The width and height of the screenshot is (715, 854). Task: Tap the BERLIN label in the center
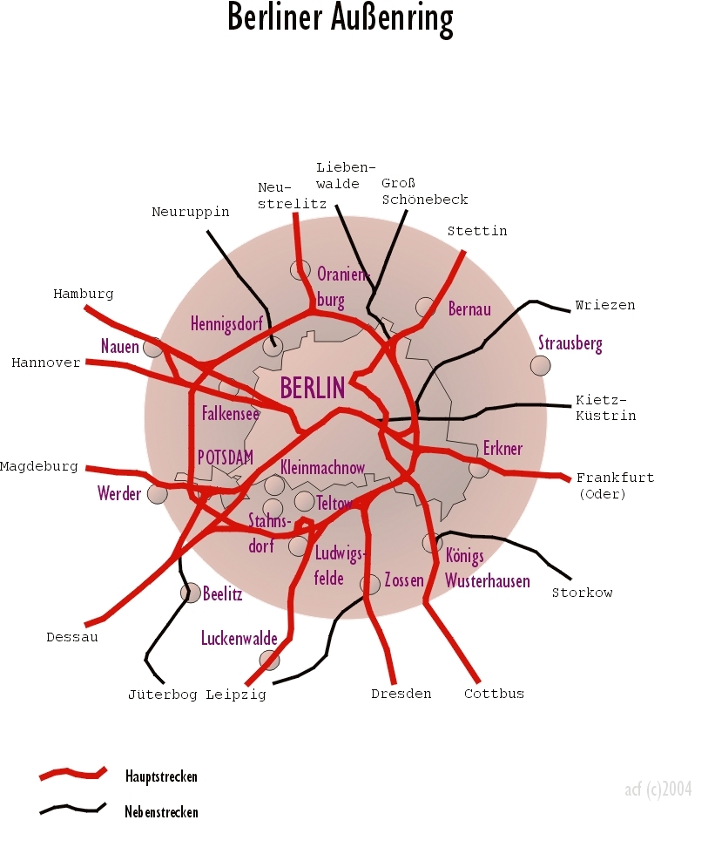click(313, 386)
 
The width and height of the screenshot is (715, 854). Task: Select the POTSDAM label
click(225, 457)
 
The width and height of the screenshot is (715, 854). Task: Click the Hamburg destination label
click(84, 294)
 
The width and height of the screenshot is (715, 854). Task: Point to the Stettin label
click(476, 231)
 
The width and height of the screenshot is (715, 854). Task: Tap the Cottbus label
click(494, 694)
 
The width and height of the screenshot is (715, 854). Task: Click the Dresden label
click(401, 694)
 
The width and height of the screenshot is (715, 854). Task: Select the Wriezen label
click(605, 305)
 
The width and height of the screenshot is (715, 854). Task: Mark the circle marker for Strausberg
click(541, 366)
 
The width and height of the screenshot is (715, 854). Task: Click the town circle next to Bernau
click(426, 307)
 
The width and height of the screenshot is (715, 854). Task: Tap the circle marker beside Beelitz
click(191, 593)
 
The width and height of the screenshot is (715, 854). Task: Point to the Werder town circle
click(158, 494)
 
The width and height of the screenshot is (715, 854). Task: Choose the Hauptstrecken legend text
click(161, 776)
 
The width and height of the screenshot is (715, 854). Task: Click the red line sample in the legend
click(72, 773)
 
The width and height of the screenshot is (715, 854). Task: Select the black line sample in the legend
click(72, 810)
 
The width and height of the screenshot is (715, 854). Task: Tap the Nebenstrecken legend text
click(162, 812)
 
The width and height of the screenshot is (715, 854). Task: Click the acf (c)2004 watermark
click(658, 790)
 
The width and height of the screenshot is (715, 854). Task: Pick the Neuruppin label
click(191, 212)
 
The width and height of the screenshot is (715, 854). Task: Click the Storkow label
click(583, 593)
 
